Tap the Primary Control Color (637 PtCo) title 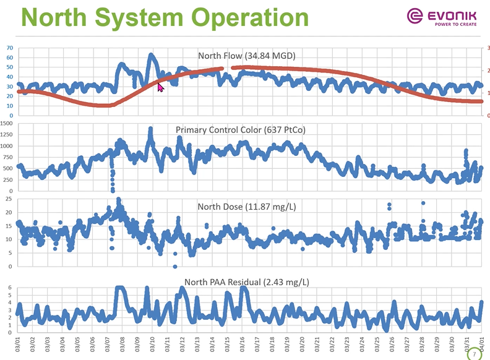241,130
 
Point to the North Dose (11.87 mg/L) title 247,206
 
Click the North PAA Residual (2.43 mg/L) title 247,283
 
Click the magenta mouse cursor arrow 160,87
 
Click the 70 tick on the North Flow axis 9,48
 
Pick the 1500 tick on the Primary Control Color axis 7,124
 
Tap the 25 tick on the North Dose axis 9,199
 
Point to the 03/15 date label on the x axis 228,344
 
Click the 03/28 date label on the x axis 423,344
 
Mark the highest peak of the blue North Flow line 151,56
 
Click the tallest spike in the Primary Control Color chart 150,129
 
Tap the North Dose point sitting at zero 175,266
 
